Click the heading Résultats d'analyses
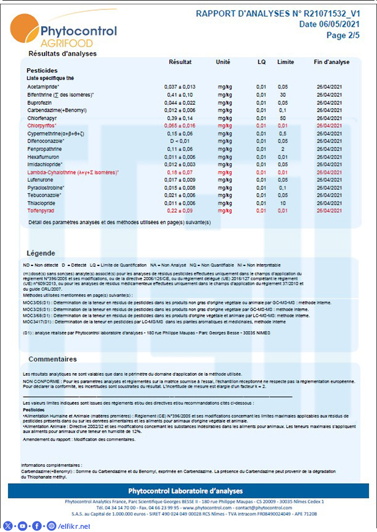(63, 54)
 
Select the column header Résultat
(180, 63)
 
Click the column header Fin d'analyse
(332, 63)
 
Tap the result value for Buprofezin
(180, 102)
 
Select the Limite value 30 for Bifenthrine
(282, 94)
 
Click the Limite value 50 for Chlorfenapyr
(282, 118)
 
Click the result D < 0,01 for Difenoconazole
(180, 141)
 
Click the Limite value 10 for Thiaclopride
(282, 203)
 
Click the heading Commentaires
(53, 359)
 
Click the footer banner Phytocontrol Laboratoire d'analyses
(188, 491)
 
